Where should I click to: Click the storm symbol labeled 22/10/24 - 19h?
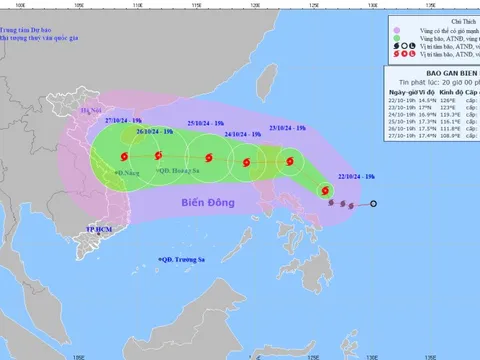[x=324, y=190]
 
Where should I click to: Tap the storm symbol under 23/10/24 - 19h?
[x=286, y=161]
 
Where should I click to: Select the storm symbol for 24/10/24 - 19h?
[x=243, y=163]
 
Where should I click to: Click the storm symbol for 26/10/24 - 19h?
[x=160, y=155]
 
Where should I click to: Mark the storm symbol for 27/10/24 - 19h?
[x=124, y=156]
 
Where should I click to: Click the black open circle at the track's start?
[x=374, y=205]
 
